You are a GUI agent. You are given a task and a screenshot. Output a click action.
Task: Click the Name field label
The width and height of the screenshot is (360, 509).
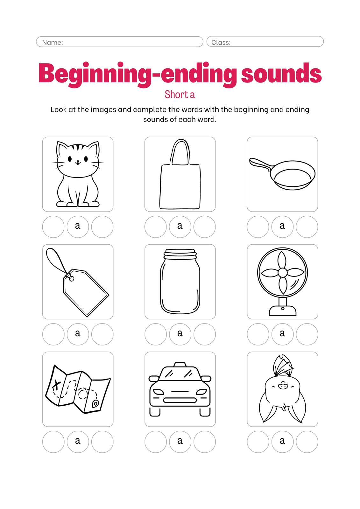[x=52, y=43]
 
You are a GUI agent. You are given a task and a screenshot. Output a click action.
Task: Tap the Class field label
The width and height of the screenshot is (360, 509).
[x=221, y=43]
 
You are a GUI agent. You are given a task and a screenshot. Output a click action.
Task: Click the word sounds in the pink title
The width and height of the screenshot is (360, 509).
[x=281, y=73]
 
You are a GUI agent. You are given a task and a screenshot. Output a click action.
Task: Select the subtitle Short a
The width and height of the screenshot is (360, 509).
[x=180, y=94]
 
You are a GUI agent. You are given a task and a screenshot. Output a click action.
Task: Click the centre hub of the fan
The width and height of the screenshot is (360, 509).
[x=282, y=273]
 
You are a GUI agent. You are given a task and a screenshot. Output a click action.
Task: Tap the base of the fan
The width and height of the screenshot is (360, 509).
[x=282, y=310]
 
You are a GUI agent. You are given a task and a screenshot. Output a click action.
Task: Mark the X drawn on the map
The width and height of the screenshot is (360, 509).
[x=56, y=385]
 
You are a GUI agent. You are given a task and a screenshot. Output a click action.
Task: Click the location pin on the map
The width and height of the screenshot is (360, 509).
[x=95, y=404]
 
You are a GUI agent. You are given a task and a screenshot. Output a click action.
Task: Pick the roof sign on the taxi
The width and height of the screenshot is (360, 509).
[x=180, y=364]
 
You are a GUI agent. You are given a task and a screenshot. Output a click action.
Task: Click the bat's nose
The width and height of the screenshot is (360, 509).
[x=283, y=386]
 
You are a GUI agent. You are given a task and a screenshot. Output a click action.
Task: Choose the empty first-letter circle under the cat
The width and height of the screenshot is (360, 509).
[x=53, y=227]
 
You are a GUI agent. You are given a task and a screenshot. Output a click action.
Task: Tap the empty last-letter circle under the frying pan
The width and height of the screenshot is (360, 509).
[x=307, y=227]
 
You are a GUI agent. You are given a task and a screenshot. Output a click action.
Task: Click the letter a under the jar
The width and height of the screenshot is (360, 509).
[x=180, y=333]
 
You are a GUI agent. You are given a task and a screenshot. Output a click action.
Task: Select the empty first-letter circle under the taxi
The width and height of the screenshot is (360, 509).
[x=156, y=442]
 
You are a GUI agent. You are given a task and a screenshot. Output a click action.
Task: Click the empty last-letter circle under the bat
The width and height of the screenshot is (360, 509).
[x=307, y=442]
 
